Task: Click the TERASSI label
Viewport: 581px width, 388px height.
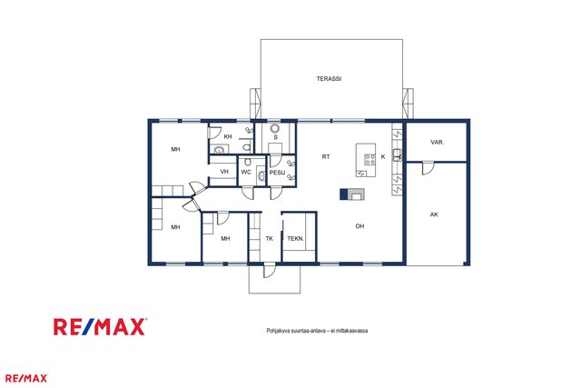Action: click(329, 79)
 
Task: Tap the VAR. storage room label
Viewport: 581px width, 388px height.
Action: click(438, 142)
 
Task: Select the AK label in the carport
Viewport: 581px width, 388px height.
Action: click(434, 214)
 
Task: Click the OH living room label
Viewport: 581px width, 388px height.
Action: click(359, 226)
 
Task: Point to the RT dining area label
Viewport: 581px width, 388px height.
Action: click(326, 157)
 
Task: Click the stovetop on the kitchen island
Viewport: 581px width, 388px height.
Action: click(369, 160)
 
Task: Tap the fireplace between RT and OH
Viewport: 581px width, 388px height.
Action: click(352, 194)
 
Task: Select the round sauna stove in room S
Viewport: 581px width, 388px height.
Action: click(274, 128)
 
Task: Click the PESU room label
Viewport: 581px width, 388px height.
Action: click(277, 173)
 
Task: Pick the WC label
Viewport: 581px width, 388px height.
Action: click(246, 172)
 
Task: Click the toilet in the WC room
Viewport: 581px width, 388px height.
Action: click(248, 162)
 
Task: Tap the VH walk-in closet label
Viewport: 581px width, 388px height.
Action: click(224, 172)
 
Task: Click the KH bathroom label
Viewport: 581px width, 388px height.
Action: click(228, 136)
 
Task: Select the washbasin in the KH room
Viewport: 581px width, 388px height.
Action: click(219, 150)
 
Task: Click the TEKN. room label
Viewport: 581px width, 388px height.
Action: click(296, 238)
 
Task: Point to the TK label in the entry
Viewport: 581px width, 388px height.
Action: click(270, 238)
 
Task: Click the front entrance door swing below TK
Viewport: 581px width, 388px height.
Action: click(270, 270)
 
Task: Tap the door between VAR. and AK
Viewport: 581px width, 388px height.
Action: click(428, 168)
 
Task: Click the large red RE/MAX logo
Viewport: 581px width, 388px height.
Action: click(100, 327)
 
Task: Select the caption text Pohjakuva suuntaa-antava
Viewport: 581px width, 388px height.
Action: click(296, 331)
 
